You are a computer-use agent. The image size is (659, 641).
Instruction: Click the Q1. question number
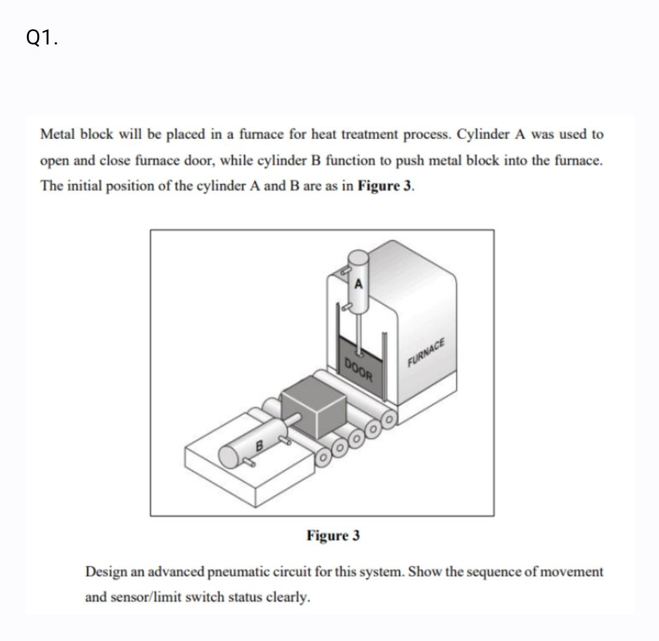pos(43,38)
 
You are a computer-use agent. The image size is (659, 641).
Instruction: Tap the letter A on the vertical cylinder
pos(359,283)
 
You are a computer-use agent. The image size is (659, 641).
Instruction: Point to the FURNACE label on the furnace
pos(428,352)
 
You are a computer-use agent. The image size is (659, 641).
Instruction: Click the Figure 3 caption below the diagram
pos(333,536)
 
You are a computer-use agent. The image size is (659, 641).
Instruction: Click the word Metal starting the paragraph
pos(57,134)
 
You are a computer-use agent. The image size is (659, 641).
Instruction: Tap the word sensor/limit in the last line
pos(145,597)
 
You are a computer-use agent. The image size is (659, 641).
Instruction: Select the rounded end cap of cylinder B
pos(230,456)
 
